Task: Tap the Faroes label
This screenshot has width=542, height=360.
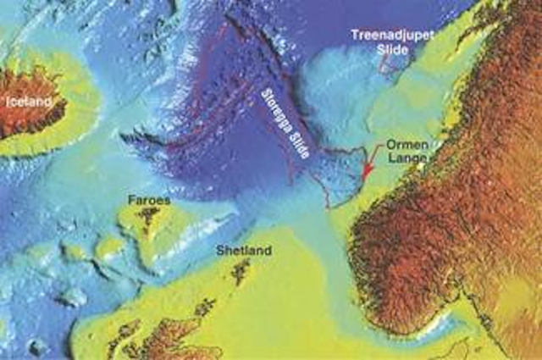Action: click(149, 201)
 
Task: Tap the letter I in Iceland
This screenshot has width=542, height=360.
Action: click(8, 102)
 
